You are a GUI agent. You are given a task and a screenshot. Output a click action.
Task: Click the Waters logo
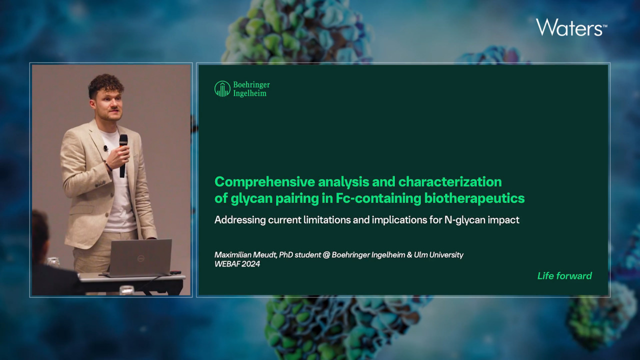click(571, 27)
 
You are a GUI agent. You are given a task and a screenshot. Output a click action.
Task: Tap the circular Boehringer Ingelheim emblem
click(222, 89)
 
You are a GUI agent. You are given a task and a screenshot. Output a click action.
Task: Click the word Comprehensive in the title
click(265, 182)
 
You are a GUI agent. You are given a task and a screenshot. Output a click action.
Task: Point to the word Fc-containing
click(378, 198)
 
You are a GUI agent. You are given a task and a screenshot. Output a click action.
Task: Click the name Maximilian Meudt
click(245, 254)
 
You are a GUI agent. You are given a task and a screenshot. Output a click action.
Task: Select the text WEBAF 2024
click(237, 263)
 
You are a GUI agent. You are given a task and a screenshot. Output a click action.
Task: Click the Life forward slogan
click(564, 275)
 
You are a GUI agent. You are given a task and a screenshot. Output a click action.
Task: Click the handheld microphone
click(123, 156)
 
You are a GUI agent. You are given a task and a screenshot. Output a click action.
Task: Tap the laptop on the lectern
click(140, 258)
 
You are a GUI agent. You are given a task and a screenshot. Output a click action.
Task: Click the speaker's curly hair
click(105, 84)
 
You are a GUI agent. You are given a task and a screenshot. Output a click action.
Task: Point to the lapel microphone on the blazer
click(105, 148)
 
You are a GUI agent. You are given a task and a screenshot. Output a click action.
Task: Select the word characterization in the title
click(450, 182)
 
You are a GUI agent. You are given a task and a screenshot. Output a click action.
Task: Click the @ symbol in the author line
click(326, 254)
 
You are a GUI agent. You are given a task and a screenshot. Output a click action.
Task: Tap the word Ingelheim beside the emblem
click(249, 93)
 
